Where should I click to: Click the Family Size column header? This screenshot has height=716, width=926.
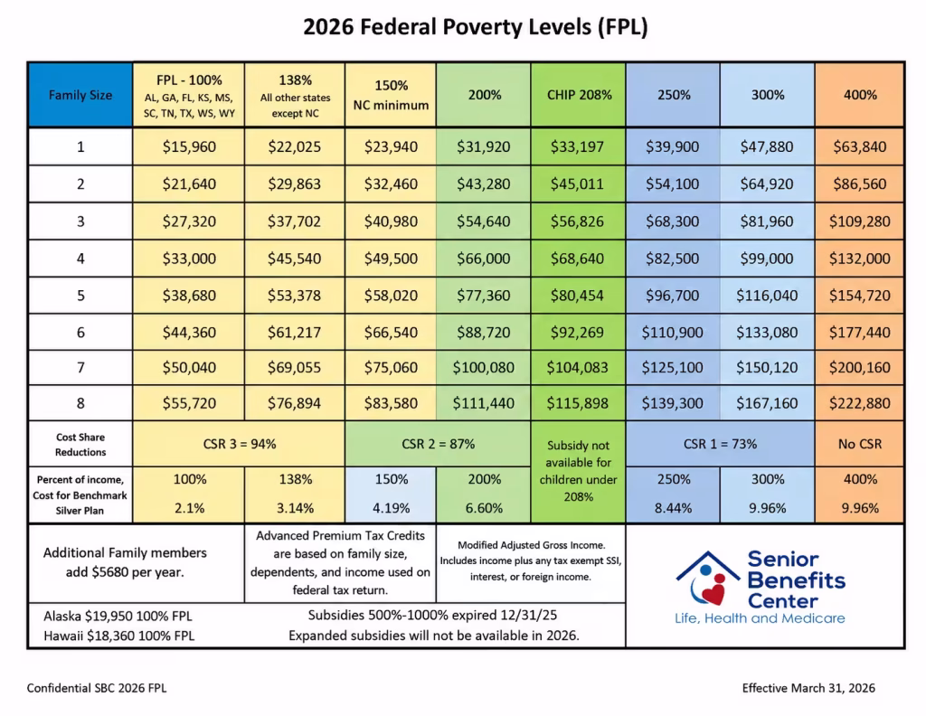point(80,95)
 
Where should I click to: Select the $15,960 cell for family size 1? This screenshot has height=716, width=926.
point(189,147)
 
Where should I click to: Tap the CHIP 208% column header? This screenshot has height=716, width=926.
point(579,95)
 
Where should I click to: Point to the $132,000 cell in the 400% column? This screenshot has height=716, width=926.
point(860,259)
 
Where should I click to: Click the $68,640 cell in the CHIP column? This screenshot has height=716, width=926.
point(578,259)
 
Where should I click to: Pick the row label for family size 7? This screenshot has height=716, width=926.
point(80,368)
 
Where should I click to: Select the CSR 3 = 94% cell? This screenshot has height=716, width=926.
point(239,444)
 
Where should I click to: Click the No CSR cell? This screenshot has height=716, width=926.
point(860,444)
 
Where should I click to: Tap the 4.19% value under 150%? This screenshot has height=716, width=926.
point(391,508)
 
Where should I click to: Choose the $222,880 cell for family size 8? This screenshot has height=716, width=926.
point(860,403)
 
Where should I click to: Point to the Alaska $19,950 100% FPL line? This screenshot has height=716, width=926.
point(118,617)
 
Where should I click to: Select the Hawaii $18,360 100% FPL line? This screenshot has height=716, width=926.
point(118,636)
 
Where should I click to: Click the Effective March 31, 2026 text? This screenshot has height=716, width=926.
point(808,688)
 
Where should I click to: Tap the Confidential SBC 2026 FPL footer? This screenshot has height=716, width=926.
point(97,688)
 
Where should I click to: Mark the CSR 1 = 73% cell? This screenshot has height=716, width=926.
point(720,444)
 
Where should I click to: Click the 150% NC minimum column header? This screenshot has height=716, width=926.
point(391,95)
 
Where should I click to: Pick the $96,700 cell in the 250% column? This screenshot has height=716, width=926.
point(672,296)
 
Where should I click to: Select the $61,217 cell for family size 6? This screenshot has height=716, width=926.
point(294,333)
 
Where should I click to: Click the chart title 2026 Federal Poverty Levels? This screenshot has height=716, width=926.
point(476,27)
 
